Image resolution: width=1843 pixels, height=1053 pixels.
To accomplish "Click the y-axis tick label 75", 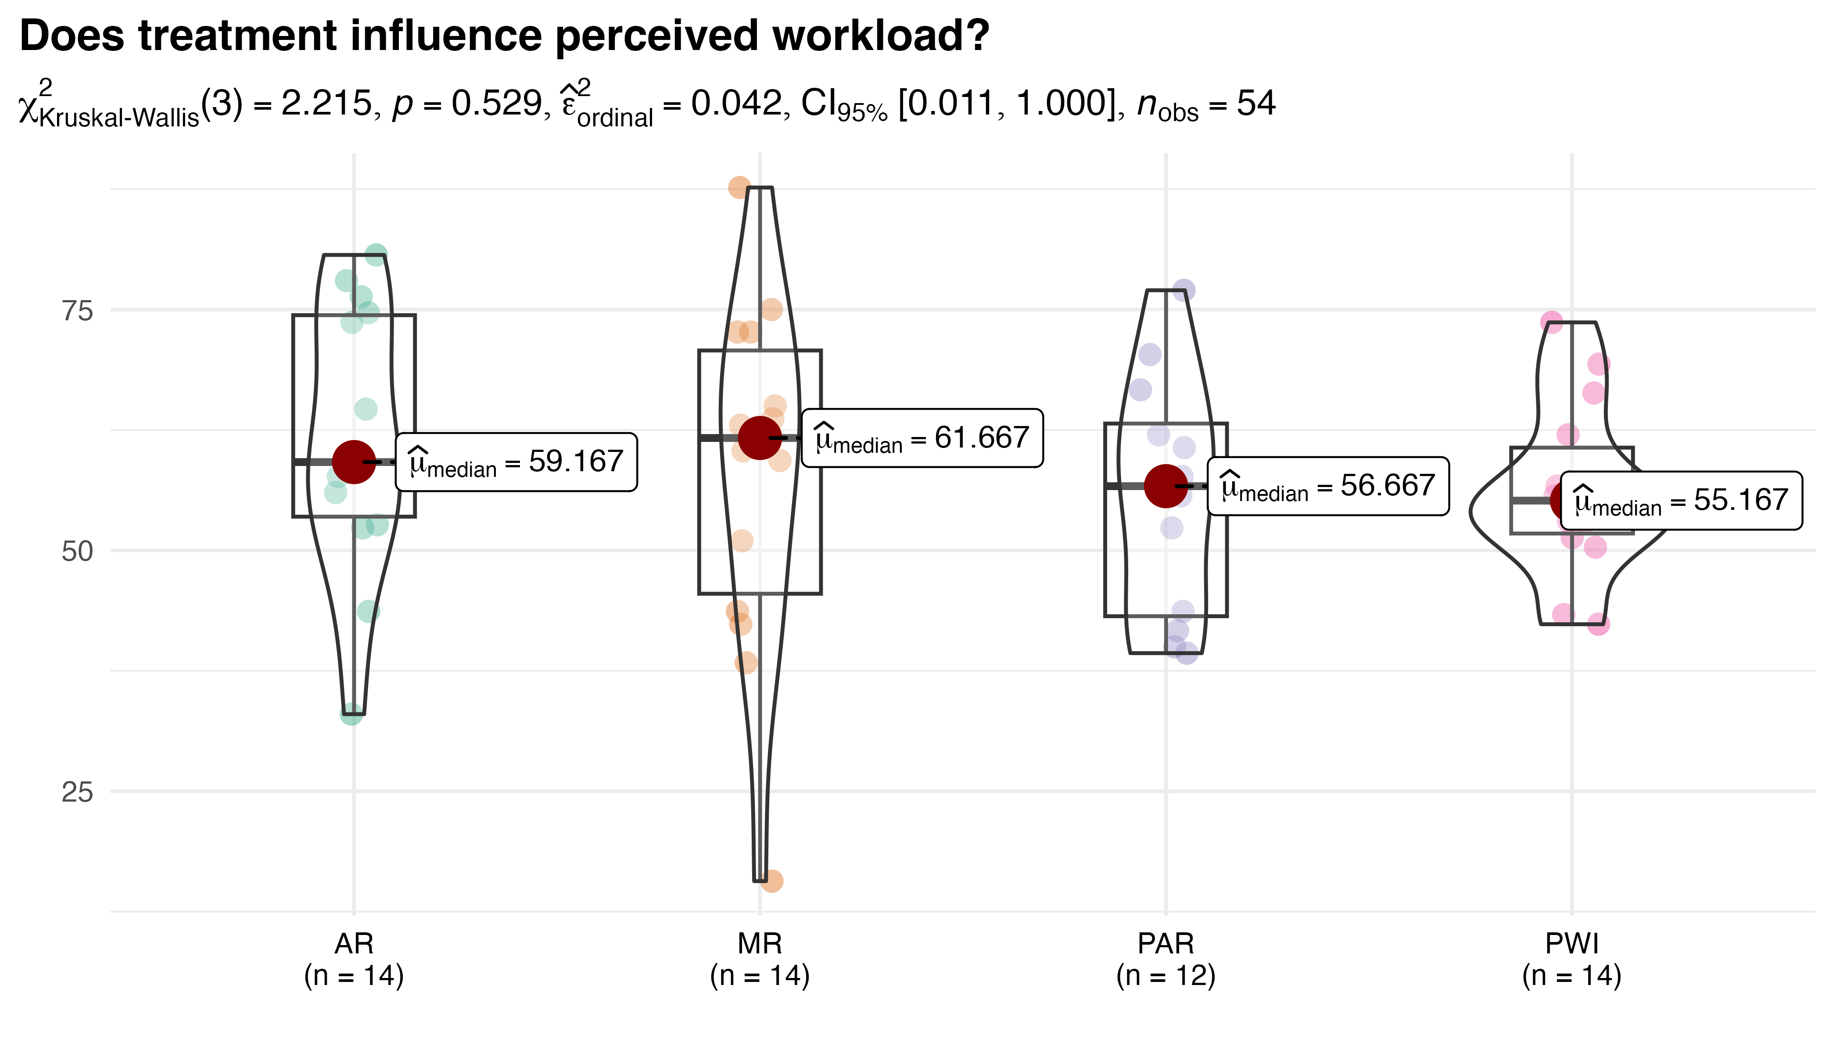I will pyautogui.click(x=77, y=311).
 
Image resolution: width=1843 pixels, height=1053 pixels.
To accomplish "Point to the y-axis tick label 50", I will pyautogui.click(x=77, y=552).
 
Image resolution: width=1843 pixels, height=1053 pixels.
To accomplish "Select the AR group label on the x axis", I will pyautogui.click(x=354, y=944).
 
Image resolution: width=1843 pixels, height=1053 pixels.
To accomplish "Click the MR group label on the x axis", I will pyautogui.click(x=760, y=944).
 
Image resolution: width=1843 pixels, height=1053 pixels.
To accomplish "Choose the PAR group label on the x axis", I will pyautogui.click(x=1165, y=944).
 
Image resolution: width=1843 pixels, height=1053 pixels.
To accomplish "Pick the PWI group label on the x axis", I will pyautogui.click(x=1572, y=944).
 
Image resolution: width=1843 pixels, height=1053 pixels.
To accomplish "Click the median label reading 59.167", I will pyautogui.click(x=516, y=462).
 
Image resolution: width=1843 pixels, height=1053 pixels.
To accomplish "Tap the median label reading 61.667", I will pyautogui.click(x=922, y=438).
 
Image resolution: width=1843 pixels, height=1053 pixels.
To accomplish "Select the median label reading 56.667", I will pyautogui.click(x=1328, y=486).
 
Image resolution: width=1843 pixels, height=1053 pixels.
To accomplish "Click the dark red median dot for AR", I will pyautogui.click(x=354, y=462).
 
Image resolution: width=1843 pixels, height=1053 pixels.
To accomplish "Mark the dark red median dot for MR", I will pyautogui.click(x=760, y=437).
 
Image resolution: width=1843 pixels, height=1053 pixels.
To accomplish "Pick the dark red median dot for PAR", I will pyautogui.click(x=1165, y=486).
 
